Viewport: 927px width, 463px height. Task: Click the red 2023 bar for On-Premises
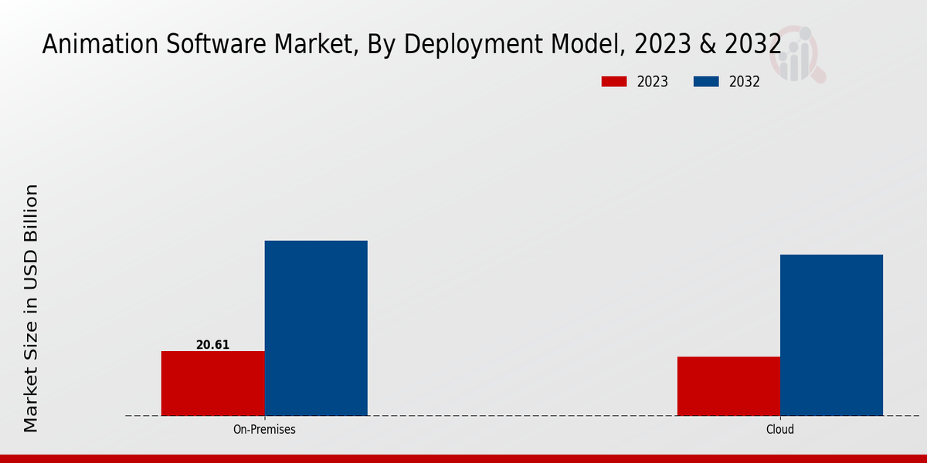212,383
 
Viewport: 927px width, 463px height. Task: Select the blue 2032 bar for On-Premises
316,328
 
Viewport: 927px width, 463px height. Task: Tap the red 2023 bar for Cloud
728,386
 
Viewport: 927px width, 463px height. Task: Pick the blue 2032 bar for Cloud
831,335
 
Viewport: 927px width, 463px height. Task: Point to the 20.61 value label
212,345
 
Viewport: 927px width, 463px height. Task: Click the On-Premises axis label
264,429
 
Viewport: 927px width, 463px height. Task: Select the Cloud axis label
780,429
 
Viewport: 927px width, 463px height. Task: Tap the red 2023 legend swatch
615,82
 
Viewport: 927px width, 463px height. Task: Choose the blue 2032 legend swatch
707,82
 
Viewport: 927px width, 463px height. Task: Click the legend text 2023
653,82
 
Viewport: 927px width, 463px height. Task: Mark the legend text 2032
745,82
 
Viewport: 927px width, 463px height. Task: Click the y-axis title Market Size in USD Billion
31,309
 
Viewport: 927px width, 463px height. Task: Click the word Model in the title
586,44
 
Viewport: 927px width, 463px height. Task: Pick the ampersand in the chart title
705,44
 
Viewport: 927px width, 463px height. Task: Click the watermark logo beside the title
801,54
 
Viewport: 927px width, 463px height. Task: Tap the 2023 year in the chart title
660,44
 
